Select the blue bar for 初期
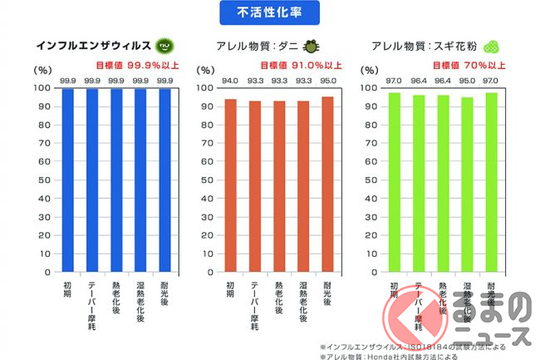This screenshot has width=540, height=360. (x=68, y=180)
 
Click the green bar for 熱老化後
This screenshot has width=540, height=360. (x=444, y=184)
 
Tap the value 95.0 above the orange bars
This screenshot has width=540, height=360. (x=329, y=81)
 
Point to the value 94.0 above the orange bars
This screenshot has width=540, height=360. (x=232, y=81)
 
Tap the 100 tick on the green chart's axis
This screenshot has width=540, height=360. (x=370, y=88)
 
